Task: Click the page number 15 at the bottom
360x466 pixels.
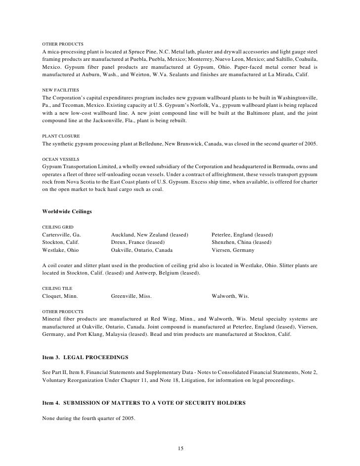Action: point(180,448)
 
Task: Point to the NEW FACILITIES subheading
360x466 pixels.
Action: point(60,90)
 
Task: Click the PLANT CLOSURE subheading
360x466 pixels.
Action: point(61,136)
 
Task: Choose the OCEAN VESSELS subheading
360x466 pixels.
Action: point(61,159)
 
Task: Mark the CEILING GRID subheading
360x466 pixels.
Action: point(58,227)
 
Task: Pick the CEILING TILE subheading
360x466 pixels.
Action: point(57,288)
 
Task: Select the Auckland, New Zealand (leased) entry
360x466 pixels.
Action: point(150,234)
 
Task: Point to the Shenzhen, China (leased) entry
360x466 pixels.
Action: point(241,242)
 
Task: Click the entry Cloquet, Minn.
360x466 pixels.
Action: point(60,296)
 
